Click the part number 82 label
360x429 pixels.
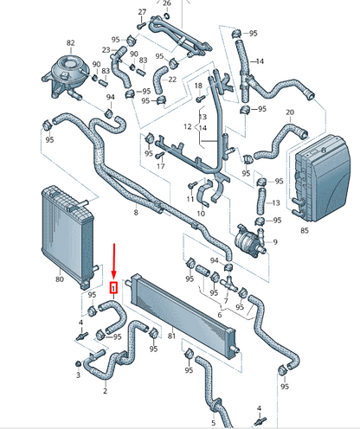point(70,42)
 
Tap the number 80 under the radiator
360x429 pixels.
point(60,279)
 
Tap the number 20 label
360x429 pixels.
point(291,112)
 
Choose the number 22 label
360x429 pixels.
point(172,80)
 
